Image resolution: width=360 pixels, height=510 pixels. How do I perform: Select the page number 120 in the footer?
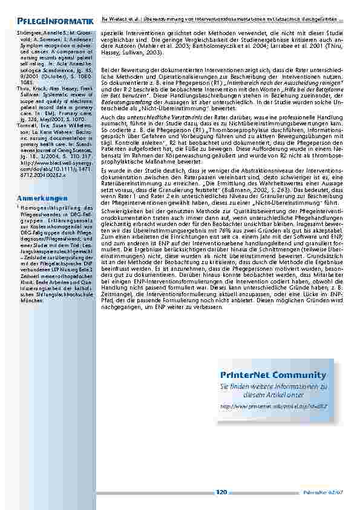point(221,492)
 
